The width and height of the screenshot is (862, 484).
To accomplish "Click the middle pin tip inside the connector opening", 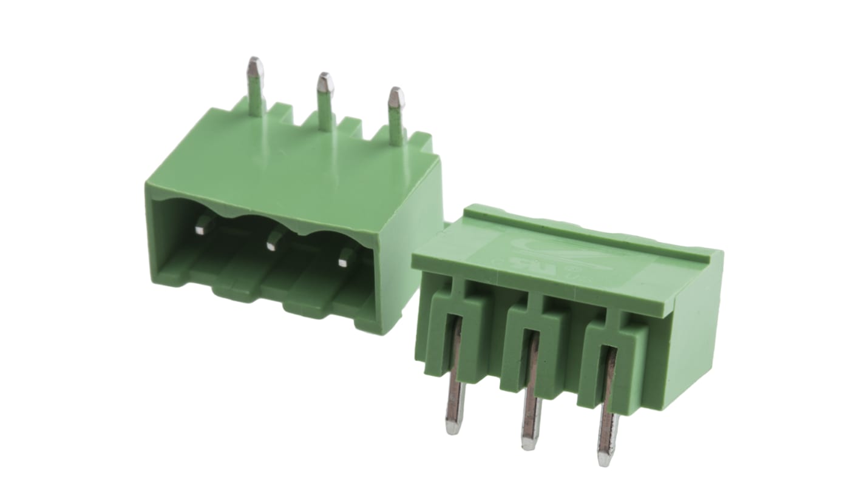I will tap(273, 243).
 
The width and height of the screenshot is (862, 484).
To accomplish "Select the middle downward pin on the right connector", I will tap(530, 394).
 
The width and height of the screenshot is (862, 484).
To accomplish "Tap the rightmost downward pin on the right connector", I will tap(606, 412).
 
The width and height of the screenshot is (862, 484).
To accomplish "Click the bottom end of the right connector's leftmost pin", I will tap(450, 428).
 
